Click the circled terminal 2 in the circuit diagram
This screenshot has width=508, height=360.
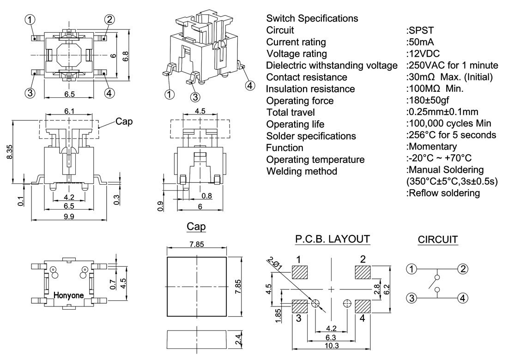(x=462, y=268)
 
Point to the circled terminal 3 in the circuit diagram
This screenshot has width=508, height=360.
(x=411, y=298)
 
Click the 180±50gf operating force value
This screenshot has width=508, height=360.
(x=428, y=101)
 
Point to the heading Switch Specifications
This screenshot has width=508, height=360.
(x=312, y=18)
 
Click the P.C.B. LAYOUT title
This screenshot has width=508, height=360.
(x=333, y=239)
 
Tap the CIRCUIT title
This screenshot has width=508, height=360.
(x=437, y=240)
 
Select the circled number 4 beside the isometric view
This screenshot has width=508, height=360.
(x=249, y=85)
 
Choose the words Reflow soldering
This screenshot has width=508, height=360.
(x=444, y=193)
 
